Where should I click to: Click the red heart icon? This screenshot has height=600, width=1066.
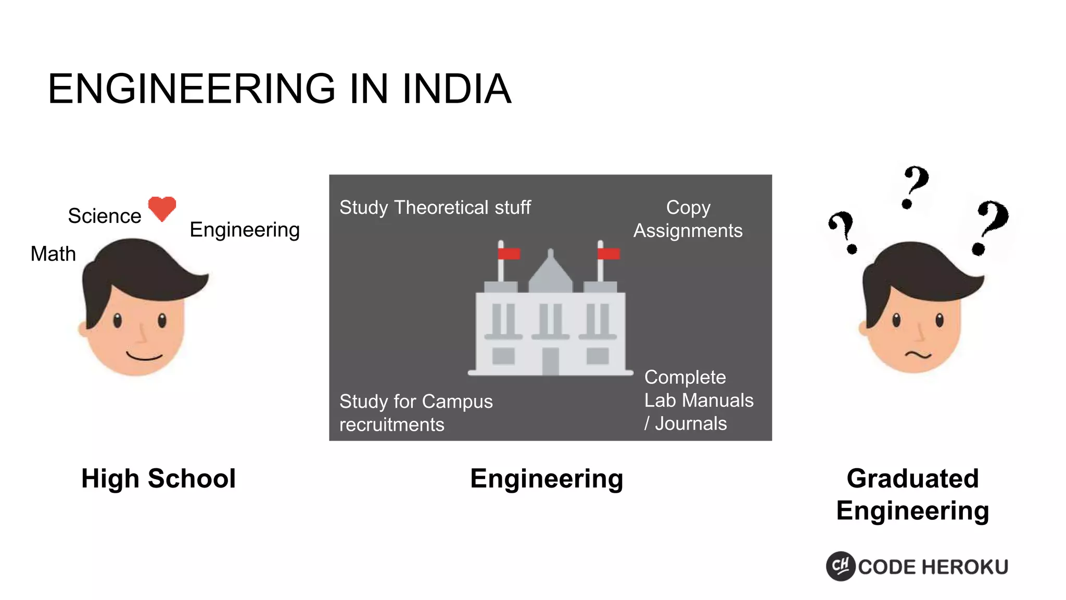(x=162, y=208)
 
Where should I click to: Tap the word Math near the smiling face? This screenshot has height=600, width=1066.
(x=53, y=254)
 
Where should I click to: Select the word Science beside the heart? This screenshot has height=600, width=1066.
(x=105, y=216)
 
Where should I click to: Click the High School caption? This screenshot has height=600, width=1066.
(x=158, y=479)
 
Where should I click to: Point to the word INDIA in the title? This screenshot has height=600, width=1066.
(x=456, y=89)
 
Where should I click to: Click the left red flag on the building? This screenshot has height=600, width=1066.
(x=509, y=254)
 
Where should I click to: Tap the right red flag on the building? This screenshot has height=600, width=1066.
(x=608, y=254)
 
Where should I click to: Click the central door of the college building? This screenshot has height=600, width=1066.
(x=550, y=360)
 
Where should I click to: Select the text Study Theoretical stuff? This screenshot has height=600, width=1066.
(x=435, y=207)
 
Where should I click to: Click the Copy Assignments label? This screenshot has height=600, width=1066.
(x=688, y=219)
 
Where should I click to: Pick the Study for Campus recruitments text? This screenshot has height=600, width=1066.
(x=416, y=413)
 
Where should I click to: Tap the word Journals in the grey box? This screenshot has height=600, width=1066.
(x=691, y=424)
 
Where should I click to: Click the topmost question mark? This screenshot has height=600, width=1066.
(x=915, y=186)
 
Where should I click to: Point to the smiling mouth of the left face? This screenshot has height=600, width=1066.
(x=144, y=357)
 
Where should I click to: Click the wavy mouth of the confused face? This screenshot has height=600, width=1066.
(x=918, y=355)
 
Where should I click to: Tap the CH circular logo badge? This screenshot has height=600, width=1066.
(x=841, y=566)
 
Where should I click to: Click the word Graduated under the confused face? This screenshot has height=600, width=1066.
(x=912, y=479)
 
